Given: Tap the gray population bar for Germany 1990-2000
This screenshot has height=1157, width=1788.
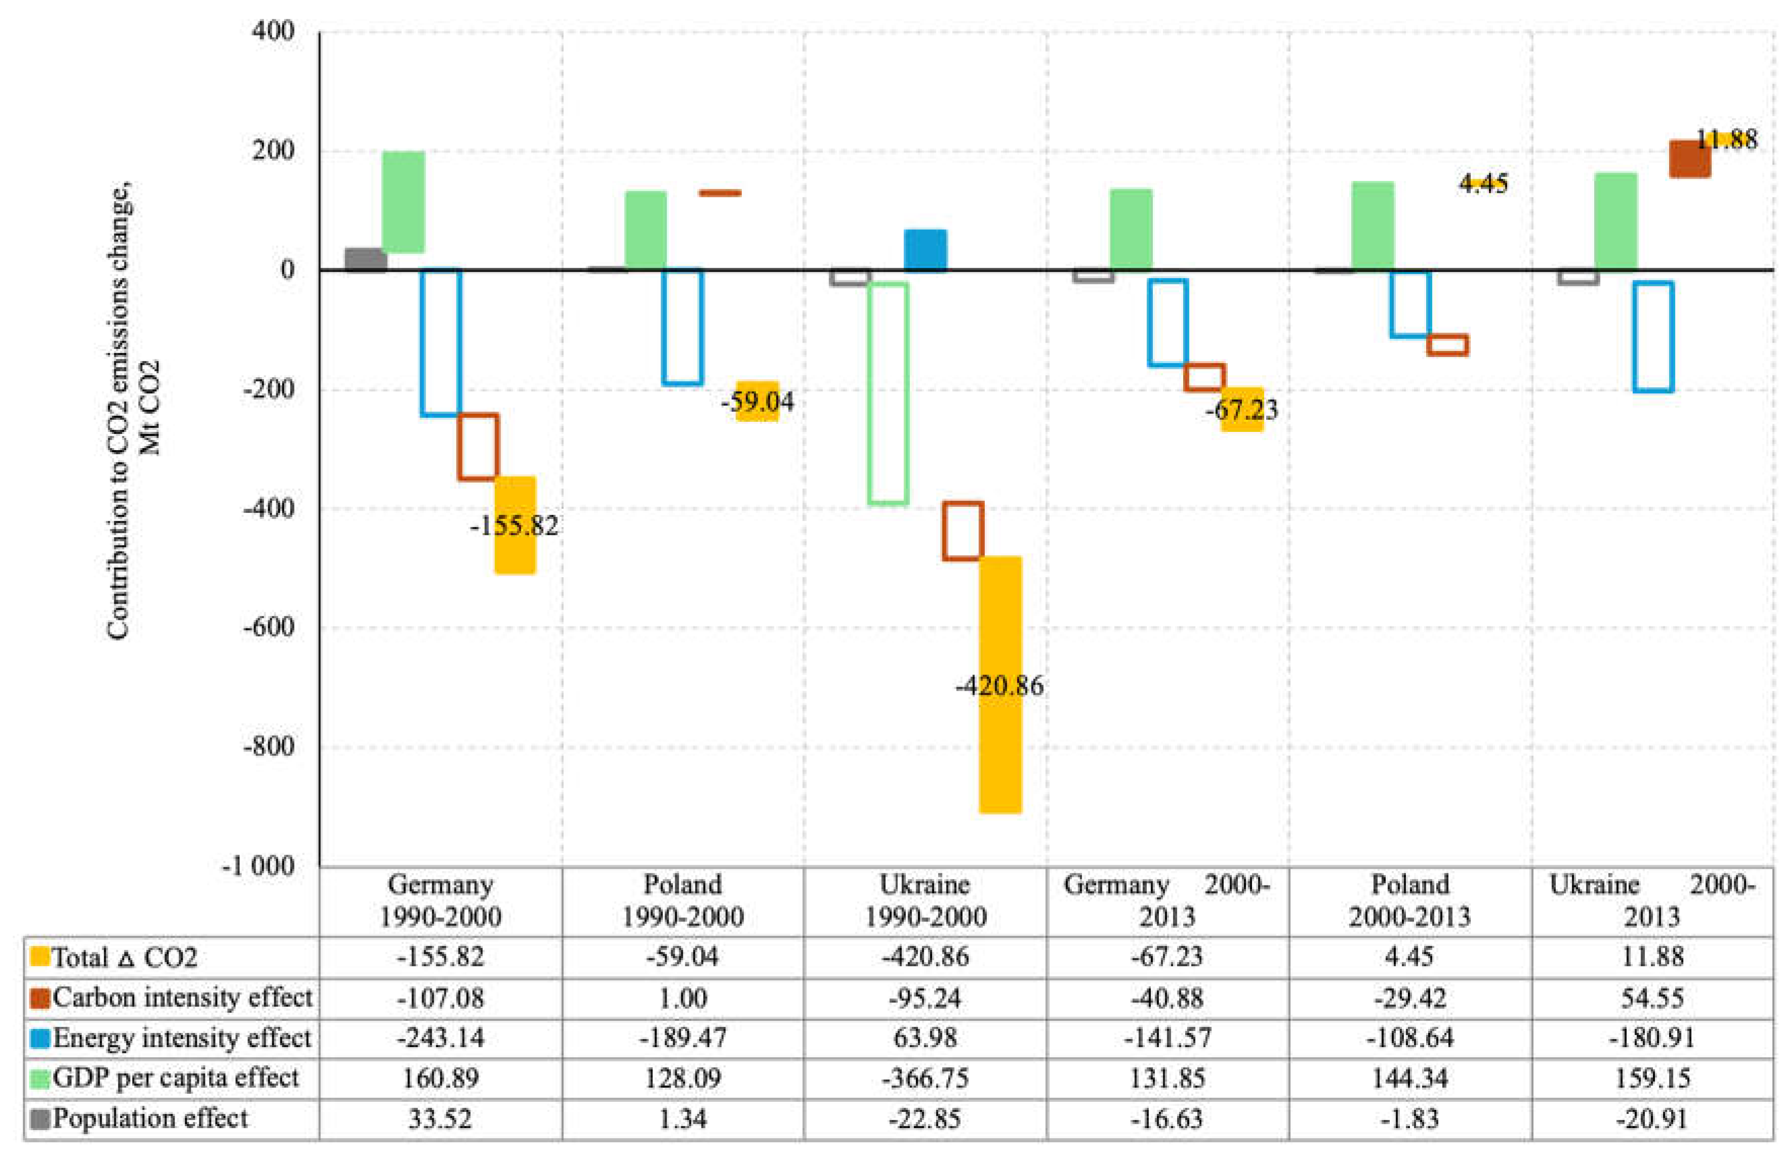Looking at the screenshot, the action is (366, 260).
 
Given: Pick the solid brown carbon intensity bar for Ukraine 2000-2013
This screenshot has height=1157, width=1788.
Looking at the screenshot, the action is (1690, 158).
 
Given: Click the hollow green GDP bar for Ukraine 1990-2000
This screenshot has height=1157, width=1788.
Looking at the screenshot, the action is (888, 393).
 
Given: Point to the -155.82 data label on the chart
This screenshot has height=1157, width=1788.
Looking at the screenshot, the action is (514, 525).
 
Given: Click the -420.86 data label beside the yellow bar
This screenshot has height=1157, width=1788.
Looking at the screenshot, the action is (1000, 685).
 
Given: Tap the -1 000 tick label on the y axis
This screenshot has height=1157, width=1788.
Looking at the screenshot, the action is (258, 866).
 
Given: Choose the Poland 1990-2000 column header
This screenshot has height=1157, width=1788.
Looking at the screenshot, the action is (683, 900).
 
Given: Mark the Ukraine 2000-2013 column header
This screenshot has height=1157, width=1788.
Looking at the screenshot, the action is (1652, 900).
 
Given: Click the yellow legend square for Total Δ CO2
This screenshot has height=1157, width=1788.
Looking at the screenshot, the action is (40, 956).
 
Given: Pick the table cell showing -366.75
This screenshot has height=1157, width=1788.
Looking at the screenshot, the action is (925, 1078).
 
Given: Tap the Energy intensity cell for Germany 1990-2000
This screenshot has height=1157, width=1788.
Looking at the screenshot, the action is (440, 1038).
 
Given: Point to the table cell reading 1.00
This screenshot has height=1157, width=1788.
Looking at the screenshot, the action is (683, 997).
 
